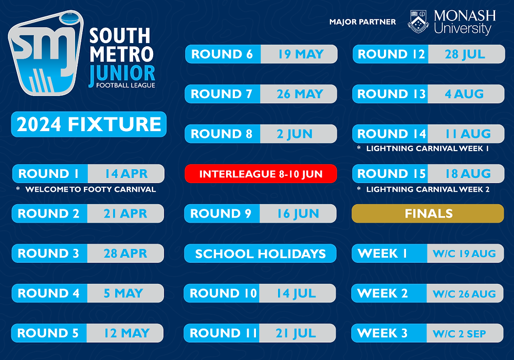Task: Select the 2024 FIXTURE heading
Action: click(x=89, y=124)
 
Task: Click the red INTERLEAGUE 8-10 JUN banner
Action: click(x=261, y=174)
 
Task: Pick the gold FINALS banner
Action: click(x=428, y=214)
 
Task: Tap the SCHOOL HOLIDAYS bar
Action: click(x=260, y=253)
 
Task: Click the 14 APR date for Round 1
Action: click(x=125, y=174)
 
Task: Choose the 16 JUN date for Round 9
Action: click(x=298, y=214)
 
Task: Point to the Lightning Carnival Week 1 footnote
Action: click(x=427, y=149)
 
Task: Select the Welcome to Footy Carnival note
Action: click(x=90, y=189)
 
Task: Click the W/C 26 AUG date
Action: click(x=465, y=293)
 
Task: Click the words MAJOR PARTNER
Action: click(x=362, y=22)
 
